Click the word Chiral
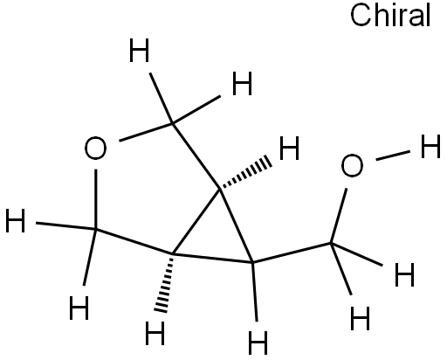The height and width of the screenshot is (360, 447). (x=390, y=16)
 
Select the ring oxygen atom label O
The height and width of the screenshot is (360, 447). (x=95, y=149)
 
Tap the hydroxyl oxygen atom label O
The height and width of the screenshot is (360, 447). (x=352, y=165)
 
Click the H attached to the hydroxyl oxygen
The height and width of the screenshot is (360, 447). (x=430, y=147)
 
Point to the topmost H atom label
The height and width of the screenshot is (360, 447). (x=139, y=51)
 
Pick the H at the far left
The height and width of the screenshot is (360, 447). (x=16, y=220)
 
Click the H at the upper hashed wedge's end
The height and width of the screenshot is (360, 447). (x=289, y=149)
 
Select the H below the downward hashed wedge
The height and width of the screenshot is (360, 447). (x=155, y=333)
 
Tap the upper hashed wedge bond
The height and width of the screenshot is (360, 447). (x=246, y=174)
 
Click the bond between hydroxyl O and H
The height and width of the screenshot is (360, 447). (x=393, y=156)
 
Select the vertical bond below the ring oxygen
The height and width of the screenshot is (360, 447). (x=95, y=199)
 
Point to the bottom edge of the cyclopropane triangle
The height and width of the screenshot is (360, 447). (x=213, y=259)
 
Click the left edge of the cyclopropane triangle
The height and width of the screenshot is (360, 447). (x=196, y=222)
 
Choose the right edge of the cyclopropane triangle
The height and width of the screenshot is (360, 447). (x=237, y=226)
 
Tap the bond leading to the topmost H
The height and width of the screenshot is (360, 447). (x=162, y=99)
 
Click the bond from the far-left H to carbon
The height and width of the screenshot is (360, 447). (x=65, y=226)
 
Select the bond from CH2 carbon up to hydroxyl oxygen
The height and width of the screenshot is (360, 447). (x=339, y=216)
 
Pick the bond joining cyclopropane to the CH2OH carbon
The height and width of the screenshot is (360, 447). (x=292, y=253)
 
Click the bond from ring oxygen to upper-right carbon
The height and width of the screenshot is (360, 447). (x=147, y=133)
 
